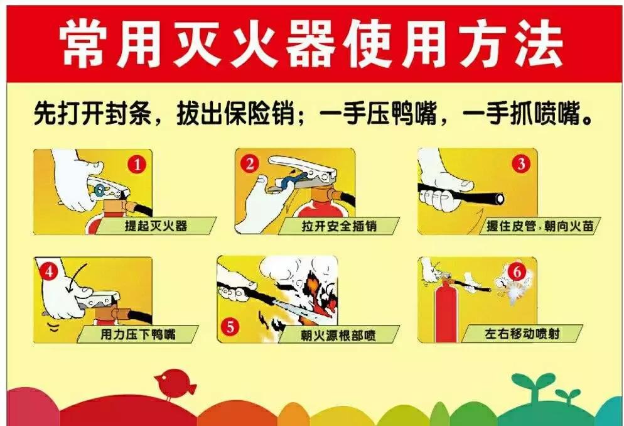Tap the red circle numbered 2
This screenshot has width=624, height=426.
coord(249,164)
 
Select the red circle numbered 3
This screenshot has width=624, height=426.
coord(520,165)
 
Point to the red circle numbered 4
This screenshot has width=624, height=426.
coord(48,272)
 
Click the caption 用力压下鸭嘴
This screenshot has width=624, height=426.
coord(138,334)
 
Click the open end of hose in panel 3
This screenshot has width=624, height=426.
coord(500,199)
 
